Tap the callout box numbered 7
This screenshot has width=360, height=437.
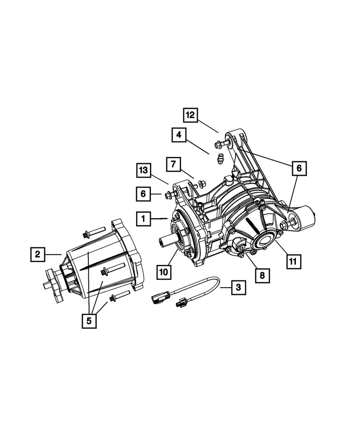click(174, 164)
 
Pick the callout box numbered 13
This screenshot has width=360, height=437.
click(144, 171)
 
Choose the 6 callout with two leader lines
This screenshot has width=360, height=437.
click(299, 168)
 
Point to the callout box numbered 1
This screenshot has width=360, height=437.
click(144, 219)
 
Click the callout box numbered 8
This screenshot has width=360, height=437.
click(263, 274)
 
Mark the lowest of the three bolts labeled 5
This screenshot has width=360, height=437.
click(113, 298)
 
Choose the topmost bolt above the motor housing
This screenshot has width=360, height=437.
click(87, 234)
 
